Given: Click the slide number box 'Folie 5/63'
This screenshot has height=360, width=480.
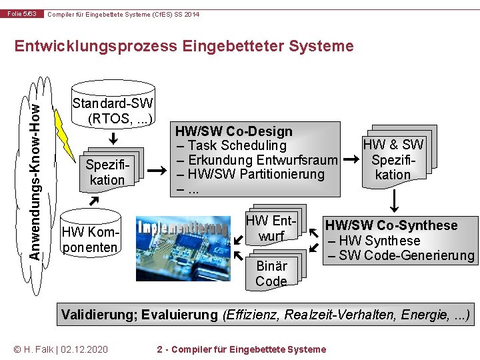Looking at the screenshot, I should pos(23,13).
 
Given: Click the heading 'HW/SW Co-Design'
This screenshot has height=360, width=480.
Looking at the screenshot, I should pos(234,131).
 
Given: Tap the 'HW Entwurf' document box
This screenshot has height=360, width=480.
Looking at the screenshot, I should pos(271,227).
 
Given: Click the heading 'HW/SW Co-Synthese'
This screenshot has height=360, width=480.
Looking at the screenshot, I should pos(391,225).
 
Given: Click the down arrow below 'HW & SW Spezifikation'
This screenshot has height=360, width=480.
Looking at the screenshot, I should pos(395,199).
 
